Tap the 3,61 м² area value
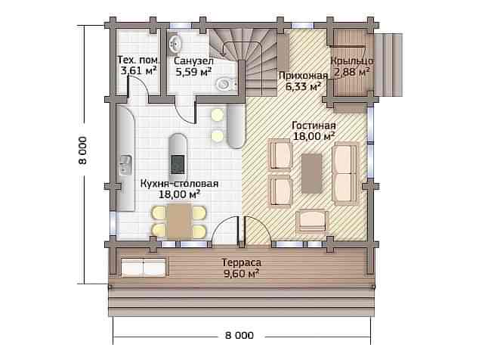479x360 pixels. pos(139,70)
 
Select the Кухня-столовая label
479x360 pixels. pos(179,184)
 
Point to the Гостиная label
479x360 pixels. pos(314,126)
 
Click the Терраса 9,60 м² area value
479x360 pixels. pos(242,273)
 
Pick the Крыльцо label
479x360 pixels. pos(352,61)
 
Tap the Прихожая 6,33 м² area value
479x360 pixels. pos(303,86)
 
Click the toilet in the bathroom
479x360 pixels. pos(227,84)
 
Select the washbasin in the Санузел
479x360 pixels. pos(175,43)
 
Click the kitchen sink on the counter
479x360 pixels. pos(125,165)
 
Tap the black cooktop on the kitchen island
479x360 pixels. pos(178,164)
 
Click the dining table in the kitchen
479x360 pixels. pos(180,221)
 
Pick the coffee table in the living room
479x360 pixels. pos(311,173)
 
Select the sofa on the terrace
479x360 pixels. pos(145,266)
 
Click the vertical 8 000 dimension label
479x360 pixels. pos(83,151)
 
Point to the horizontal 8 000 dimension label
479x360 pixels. pos(239,336)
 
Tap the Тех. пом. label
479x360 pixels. pos(139,60)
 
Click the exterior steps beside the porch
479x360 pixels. pos(388,64)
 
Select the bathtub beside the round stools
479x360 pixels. pos(236,126)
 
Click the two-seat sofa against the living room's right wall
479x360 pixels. pos(345,173)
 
